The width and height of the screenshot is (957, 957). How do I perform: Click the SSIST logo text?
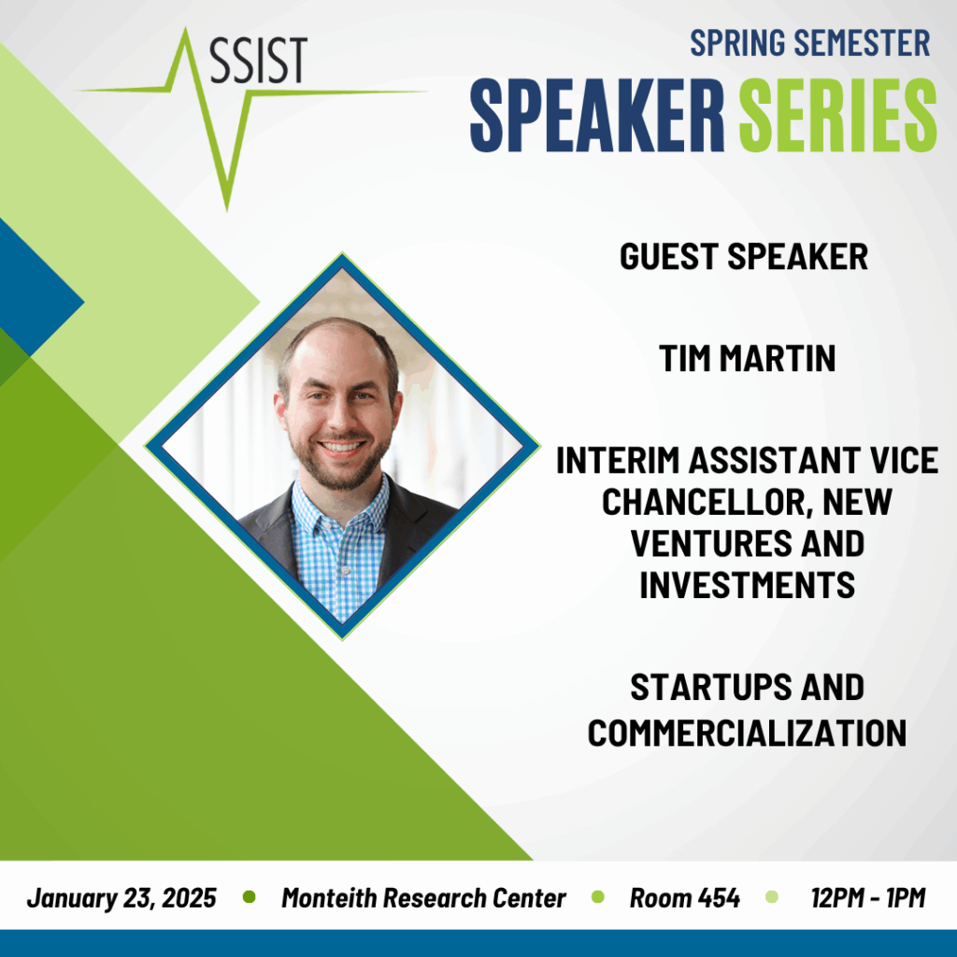tap(258, 60)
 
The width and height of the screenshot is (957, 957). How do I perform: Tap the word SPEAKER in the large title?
tap(597, 115)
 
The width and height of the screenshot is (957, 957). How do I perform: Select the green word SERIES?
tap(838, 115)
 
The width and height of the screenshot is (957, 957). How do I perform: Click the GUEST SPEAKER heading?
tap(743, 256)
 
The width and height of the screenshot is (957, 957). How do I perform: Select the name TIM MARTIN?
tap(747, 358)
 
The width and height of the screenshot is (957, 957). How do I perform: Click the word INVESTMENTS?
tap(747, 585)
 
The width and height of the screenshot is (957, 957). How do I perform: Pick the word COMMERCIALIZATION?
tap(747, 733)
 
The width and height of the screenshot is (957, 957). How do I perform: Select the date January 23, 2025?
tap(121, 898)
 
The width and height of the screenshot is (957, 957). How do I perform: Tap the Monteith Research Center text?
tap(423, 898)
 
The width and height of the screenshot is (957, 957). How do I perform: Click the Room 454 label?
tap(685, 898)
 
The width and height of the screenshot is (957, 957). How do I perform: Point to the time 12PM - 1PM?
tap(868, 898)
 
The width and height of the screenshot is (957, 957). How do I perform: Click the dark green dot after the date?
tap(249, 896)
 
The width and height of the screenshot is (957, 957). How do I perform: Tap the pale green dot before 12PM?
tap(771, 896)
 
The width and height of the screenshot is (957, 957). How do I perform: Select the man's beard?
tap(339, 462)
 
